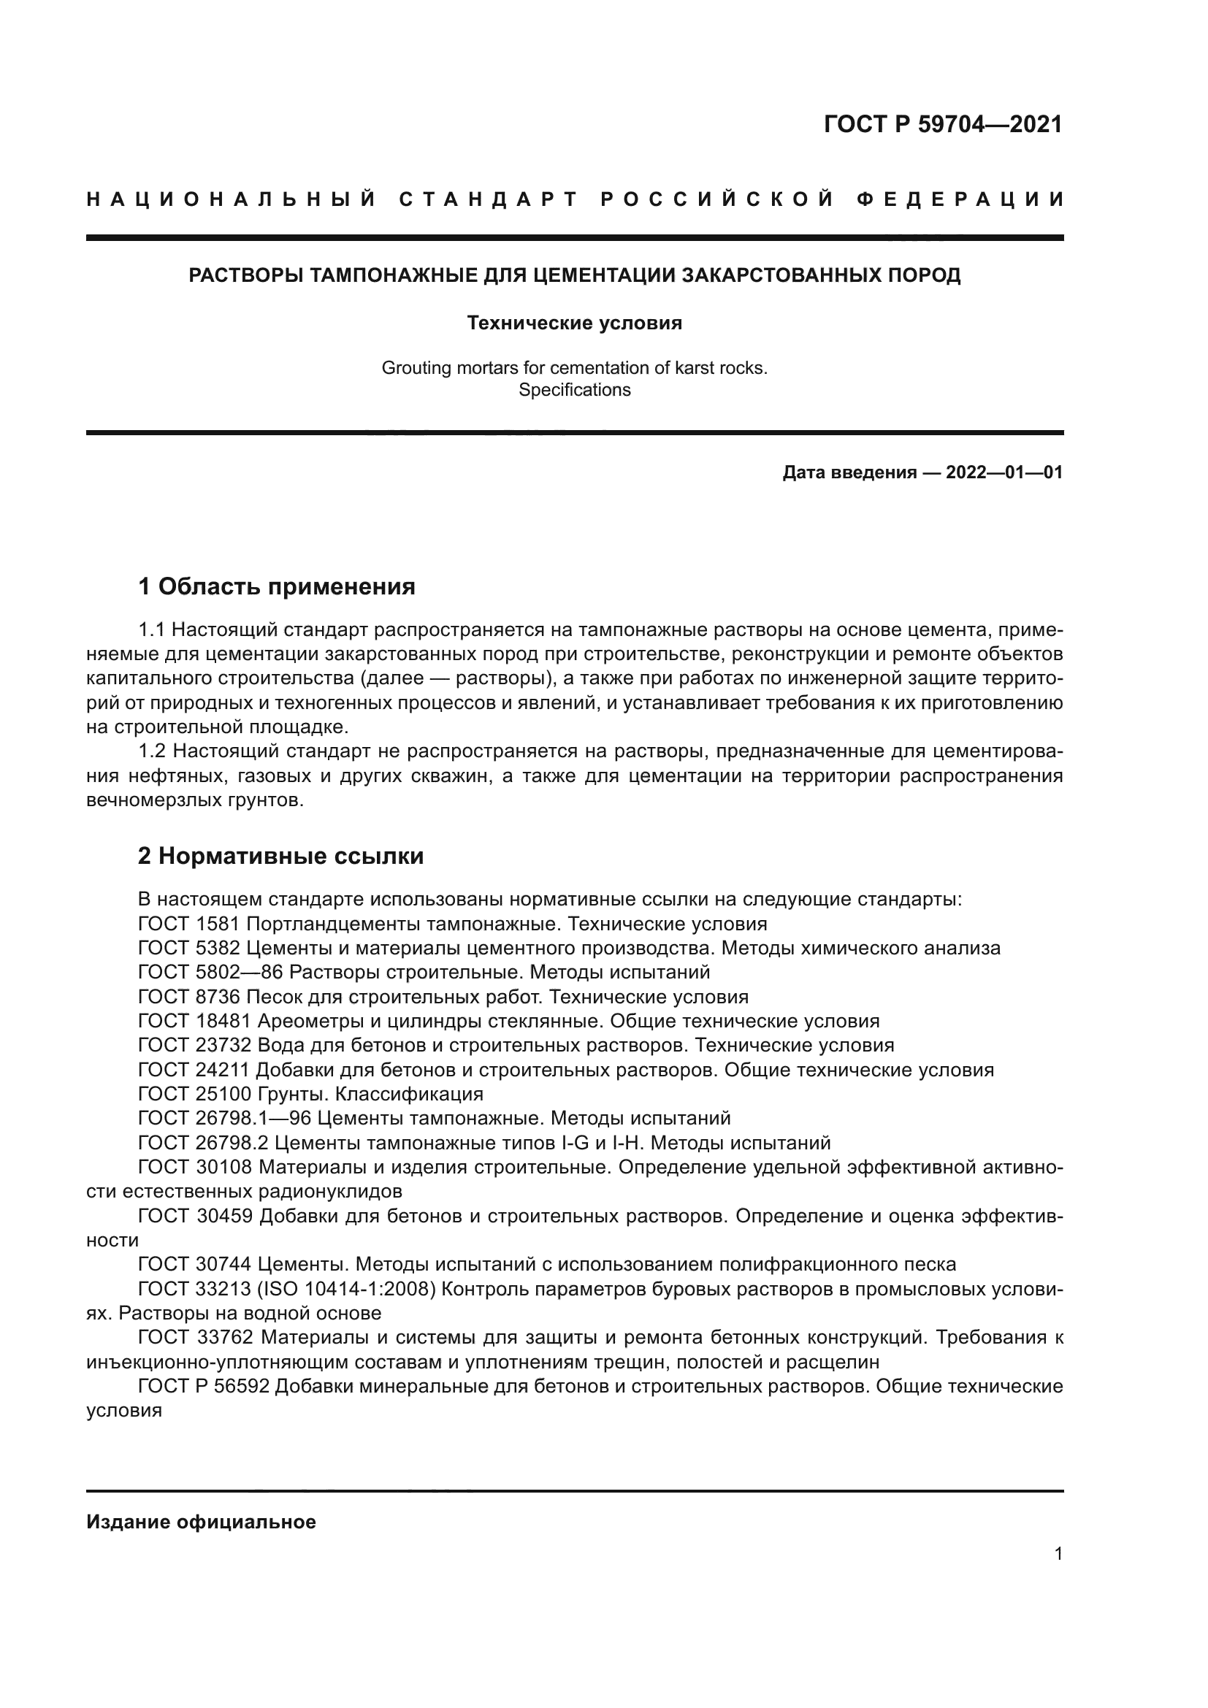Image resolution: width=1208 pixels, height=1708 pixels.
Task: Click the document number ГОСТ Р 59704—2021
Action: pyautogui.click(x=942, y=124)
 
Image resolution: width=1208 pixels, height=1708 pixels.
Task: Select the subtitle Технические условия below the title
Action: pyautogui.click(x=574, y=323)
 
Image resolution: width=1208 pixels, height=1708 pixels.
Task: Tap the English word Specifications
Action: pyautogui.click(x=574, y=390)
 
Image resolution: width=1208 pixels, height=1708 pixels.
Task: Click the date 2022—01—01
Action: pyautogui.click(x=1004, y=472)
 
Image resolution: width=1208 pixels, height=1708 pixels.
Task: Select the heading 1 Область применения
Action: pyautogui.click(x=276, y=587)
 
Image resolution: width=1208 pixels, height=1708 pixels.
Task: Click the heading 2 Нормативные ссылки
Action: pyautogui.click(x=280, y=857)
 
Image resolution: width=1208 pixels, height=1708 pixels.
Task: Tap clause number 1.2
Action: pyautogui.click(x=153, y=752)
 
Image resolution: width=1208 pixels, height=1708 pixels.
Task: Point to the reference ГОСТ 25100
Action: pyautogui.click(x=195, y=1095)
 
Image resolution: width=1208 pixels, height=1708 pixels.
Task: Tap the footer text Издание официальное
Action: pyautogui.click(x=201, y=1522)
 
